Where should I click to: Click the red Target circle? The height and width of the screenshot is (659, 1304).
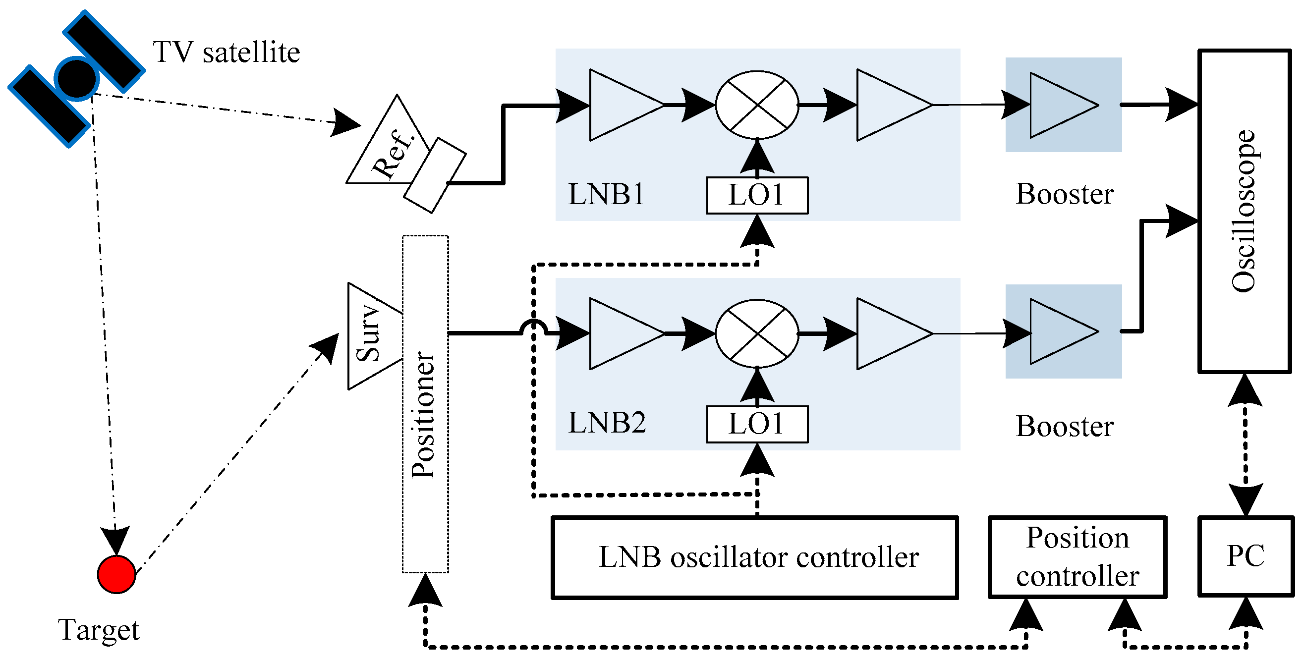point(116,574)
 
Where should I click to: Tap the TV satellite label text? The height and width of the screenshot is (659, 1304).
point(227,52)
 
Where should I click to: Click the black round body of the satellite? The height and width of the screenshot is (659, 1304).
point(77,78)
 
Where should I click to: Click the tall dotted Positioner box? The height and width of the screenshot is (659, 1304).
point(425,405)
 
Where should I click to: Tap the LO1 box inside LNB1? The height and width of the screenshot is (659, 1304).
point(756,195)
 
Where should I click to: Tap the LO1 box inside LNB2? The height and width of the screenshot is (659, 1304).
point(756,424)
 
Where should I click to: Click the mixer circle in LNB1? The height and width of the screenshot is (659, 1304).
point(756,105)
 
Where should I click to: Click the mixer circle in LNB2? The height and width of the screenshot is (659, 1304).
point(756,333)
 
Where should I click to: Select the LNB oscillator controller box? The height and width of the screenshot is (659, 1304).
point(754,557)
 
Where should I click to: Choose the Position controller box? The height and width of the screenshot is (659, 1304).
point(1077,557)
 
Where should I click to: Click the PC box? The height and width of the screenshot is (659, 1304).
point(1245,556)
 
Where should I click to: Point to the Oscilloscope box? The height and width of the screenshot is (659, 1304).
point(1244,211)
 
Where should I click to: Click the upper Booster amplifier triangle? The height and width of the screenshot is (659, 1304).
point(1058,105)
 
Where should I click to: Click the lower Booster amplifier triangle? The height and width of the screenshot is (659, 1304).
point(1058,331)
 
